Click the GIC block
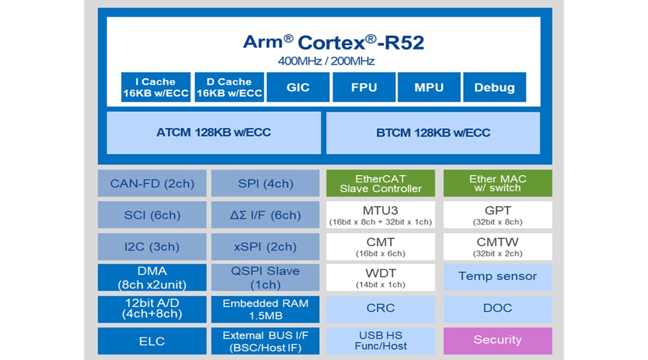click(x=298, y=87)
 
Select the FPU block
click(x=364, y=87)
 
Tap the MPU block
click(x=429, y=87)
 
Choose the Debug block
click(x=494, y=87)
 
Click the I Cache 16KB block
click(x=156, y=87)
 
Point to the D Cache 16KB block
click(x=229, y=87)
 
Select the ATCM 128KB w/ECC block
click(x=214, y=133)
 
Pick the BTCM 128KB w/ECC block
click(x=433, y=133)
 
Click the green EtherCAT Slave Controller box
click(x=380, y=183)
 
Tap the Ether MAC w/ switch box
click(x=497, y=183)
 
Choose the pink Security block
click(x=497, y=340)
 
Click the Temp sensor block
click(x=497, y=277)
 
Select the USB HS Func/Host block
click(x=380, y=340)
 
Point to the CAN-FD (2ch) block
click(x=152, y=184)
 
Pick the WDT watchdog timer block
click(x=380, y=277)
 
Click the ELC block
click(x=152, y=341)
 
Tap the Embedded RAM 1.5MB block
click(x=265, y=309)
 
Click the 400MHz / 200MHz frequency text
click(x=326, y=61)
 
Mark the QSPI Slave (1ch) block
click(x=265, y=277)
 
